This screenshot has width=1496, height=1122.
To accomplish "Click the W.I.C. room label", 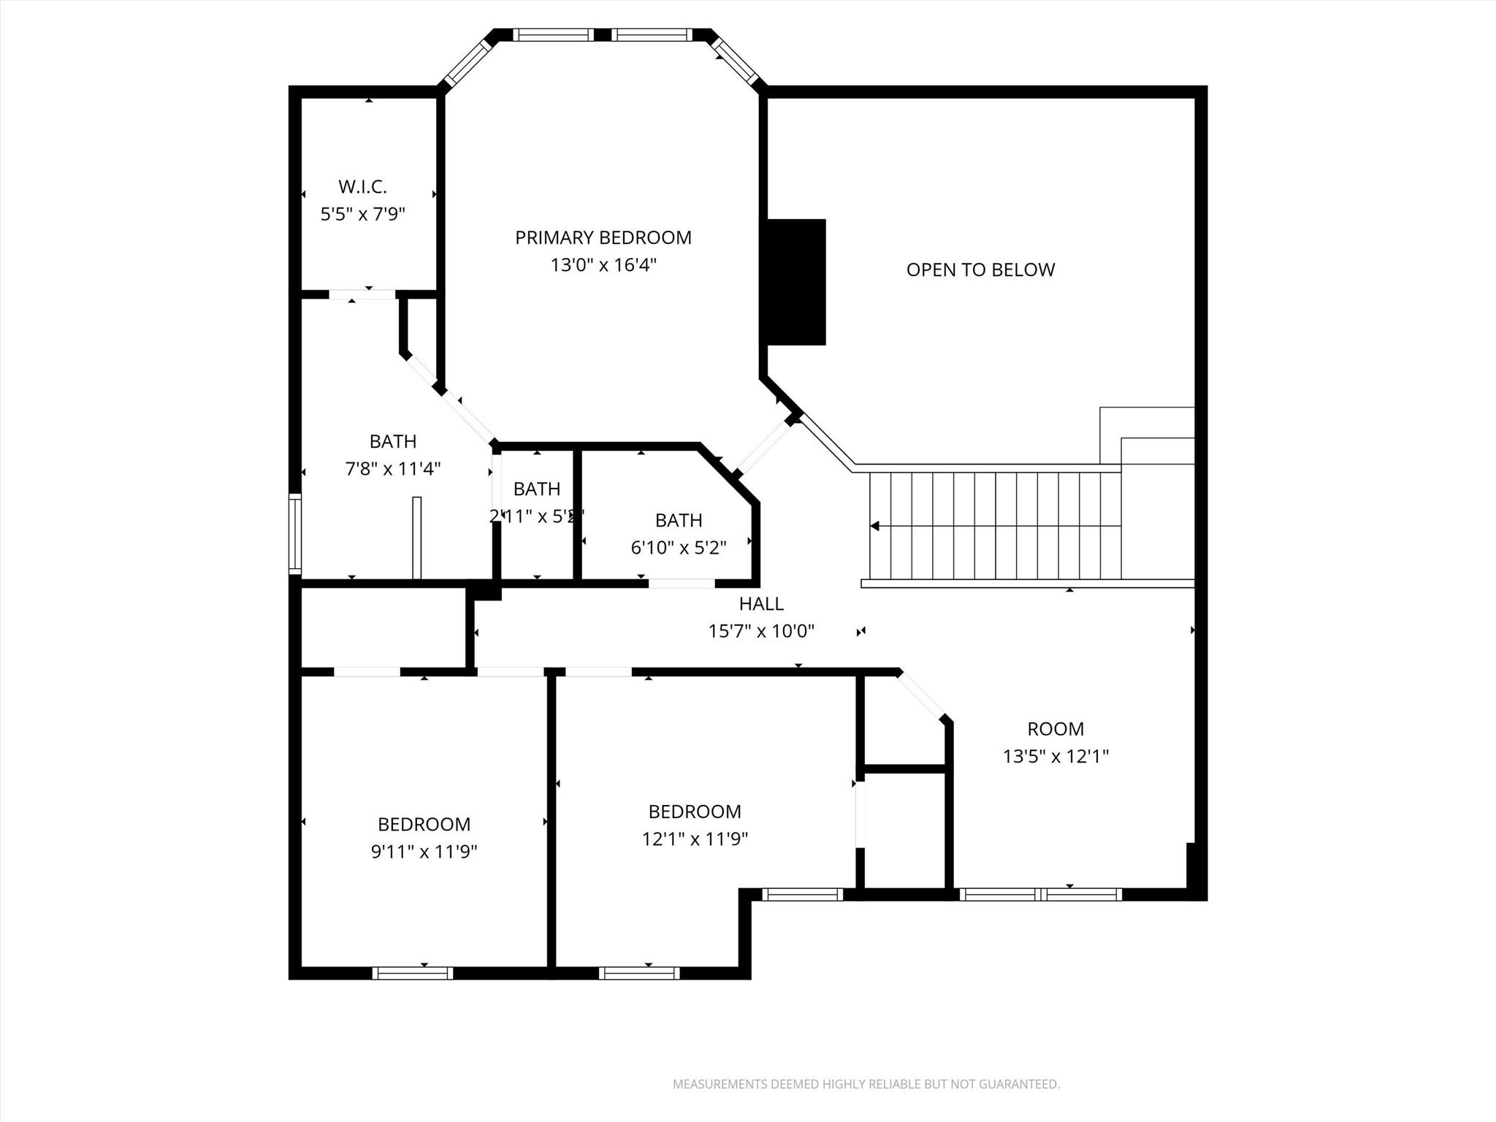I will point(362,187).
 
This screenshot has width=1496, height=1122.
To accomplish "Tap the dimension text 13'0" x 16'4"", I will point(603,265).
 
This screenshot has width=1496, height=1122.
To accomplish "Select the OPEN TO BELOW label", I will point(980,270).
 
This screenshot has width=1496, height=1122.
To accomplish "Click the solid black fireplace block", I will point(795,282).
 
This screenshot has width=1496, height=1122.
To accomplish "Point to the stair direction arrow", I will point(874,526).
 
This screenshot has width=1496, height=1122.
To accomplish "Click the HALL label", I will point(761,603).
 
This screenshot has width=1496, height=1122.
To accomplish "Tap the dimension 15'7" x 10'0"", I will point(761,631).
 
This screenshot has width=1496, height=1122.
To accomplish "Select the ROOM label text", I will point(1055,728).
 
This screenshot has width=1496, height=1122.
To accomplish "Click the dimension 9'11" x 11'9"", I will point(424,852).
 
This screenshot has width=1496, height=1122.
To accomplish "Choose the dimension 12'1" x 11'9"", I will point(695,839).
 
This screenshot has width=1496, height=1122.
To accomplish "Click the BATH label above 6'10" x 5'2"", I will point(679,520).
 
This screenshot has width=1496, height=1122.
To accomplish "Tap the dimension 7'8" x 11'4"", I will point(393,469).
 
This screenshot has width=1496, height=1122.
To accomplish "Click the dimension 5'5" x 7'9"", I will point(362,214).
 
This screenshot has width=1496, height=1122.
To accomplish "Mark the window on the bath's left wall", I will point(295,533).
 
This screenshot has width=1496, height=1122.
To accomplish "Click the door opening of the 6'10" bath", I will point(682,583).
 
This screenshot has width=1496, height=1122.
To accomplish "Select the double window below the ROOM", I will point(1040,894).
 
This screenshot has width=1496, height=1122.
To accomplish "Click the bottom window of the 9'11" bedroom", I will point(413,973).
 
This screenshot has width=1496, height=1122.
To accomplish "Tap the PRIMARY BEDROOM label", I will point(603,237).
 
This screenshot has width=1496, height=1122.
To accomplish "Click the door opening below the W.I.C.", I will point(362,294).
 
